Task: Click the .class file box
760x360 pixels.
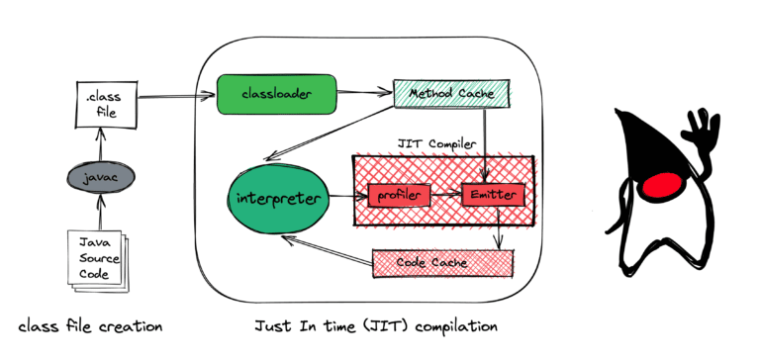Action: point(104,105)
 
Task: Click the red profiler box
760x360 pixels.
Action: point(400,196)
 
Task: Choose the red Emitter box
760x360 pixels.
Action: point(492,195)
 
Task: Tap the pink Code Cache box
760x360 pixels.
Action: point(442,262)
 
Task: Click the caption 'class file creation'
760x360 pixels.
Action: point(89,325)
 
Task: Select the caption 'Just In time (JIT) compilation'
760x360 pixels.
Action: point(376,325)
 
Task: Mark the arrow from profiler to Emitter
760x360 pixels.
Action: point(446,195)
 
